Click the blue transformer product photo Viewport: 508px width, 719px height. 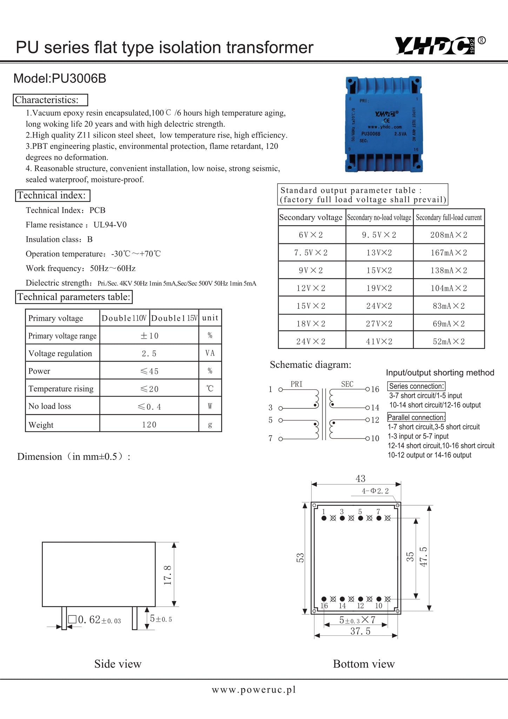point(383,124)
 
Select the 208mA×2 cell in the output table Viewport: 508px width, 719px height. point(449,235)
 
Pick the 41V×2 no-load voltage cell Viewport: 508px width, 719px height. point(379,341)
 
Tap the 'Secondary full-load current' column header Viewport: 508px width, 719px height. point(449,217)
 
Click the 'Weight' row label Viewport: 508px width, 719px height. point(41,425)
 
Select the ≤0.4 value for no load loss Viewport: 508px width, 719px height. point(149,407)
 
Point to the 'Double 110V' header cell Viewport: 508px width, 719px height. point(124,318)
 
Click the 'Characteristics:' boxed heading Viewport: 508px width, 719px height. point(51,100)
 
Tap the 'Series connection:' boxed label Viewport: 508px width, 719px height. point(416,386)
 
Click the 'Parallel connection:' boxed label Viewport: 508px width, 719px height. point(416,417)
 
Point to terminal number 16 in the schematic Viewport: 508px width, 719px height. point(375,389)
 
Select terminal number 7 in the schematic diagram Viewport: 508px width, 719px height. point(270,438)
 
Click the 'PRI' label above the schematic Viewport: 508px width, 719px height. point(296,384)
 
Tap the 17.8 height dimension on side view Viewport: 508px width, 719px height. point(168,575)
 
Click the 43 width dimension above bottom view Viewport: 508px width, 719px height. point(360,479)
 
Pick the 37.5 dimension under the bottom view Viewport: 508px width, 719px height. point(360,631)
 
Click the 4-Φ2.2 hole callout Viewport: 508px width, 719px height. point(375,491)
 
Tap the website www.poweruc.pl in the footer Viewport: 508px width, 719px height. point(254,690)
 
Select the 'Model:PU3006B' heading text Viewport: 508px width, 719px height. point(60,78)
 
